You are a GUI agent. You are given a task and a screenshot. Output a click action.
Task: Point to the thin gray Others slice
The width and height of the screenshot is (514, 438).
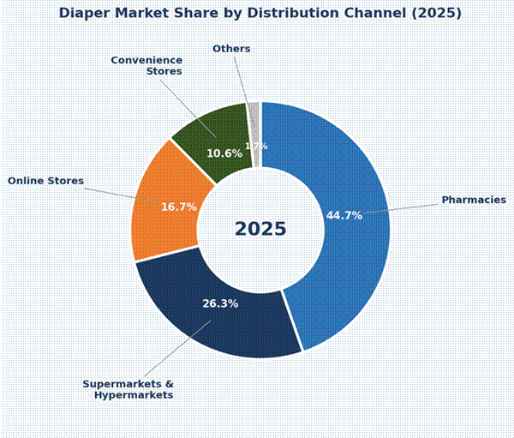(254, 120)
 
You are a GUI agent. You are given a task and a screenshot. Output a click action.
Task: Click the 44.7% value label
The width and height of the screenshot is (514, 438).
(344, 215)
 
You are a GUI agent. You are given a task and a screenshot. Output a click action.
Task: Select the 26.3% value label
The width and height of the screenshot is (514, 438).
(220, 303)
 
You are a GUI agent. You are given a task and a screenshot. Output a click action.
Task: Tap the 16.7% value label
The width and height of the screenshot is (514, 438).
(179, 207)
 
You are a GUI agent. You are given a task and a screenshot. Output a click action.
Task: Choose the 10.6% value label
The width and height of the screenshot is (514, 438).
(224, 153)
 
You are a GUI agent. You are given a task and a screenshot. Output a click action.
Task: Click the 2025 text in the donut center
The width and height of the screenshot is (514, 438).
(260, 230)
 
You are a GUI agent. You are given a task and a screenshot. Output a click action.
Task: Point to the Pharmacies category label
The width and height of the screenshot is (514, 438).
(474, 200)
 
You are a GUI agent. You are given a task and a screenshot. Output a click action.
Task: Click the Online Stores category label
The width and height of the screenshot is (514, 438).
(46, 181)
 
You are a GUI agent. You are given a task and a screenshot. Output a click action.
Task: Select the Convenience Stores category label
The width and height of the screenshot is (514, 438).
(146, 65)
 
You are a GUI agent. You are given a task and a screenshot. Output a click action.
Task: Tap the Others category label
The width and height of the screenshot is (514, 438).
(231, 49)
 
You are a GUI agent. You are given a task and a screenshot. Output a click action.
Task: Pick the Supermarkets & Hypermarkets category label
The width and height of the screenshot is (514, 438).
(128, 389)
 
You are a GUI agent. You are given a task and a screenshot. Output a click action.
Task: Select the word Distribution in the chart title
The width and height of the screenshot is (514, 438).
(290, 13)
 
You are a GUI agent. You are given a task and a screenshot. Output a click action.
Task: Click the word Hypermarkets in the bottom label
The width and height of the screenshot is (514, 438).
(134, 395)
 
